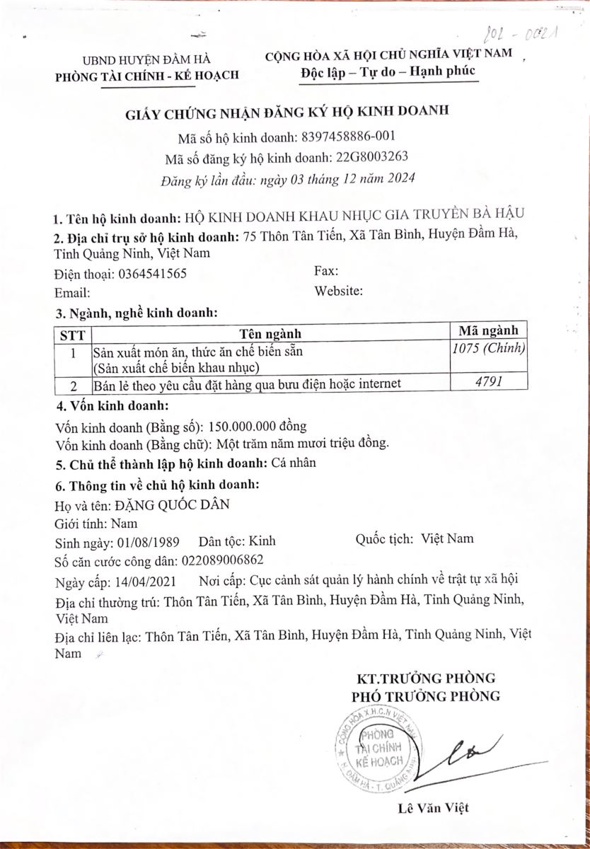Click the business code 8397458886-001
[x=348, y=137]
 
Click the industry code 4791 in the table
[x=488, y=383]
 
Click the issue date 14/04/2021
[x=148, y=582]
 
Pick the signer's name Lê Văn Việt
[x=433, y=807]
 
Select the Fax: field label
[x=326, y=271]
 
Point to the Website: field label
[x=339, y=290]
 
